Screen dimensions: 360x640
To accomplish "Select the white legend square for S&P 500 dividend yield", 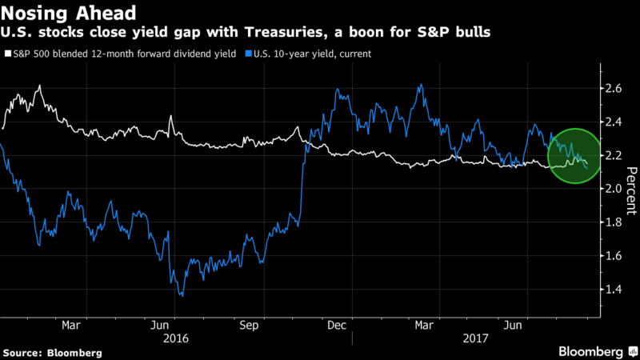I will point(7,54).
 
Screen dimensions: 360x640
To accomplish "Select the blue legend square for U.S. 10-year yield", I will point(248,54).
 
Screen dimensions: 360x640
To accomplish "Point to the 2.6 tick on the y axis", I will point(613,88).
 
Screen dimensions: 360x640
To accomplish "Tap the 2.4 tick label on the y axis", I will point(613,122).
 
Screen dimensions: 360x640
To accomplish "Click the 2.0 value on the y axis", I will point(613,189).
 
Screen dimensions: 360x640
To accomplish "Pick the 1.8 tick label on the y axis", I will point(613,222).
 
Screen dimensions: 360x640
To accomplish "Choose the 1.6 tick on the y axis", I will point(613,256).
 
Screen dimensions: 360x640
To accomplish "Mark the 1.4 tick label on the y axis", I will point(613,290).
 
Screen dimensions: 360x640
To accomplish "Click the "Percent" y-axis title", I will point(631,189).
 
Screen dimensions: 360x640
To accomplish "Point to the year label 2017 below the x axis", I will point(477,338).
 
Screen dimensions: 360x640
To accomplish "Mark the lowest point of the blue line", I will point(182,295).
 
